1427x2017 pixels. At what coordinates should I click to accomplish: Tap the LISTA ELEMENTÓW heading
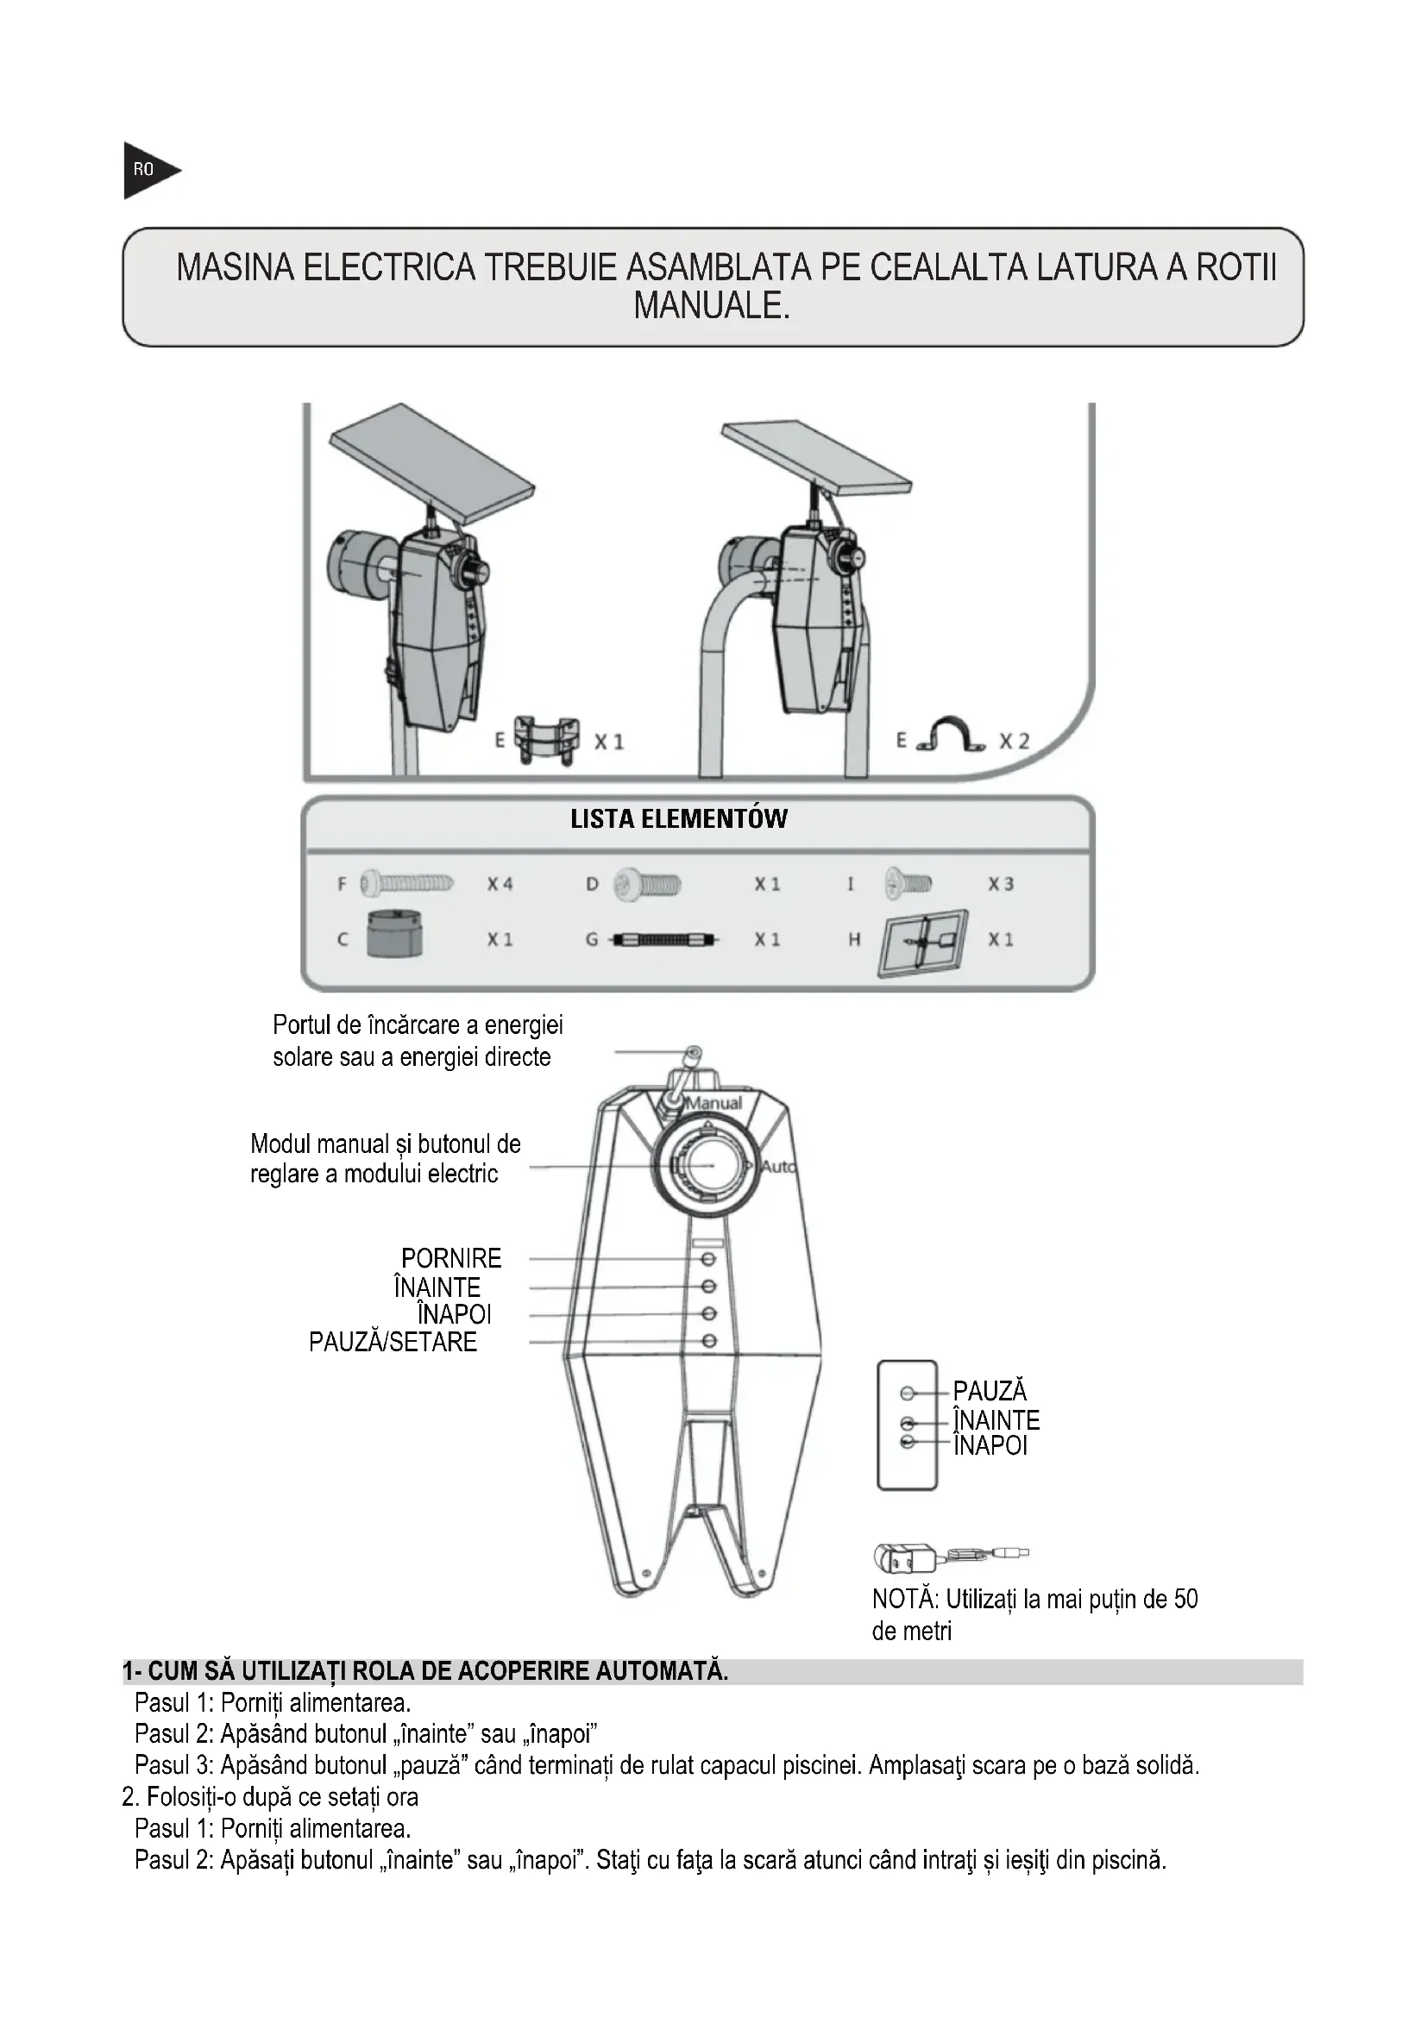(x=678, y=818)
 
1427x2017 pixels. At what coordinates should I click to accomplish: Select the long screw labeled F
(x=407, y=883)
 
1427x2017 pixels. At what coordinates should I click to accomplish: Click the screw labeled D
(x=647, y=884)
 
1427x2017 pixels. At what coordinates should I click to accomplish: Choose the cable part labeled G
(x=664, y=940)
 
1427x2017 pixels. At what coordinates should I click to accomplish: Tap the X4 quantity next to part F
(x=500, y=884)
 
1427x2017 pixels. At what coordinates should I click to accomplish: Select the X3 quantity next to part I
(x=1001, y=884)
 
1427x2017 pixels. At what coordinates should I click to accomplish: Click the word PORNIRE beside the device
(x=450, y=1258)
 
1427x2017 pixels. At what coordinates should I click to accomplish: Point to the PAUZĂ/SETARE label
(x=393, y=1342)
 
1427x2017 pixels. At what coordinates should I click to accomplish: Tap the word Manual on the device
(x=713, y=1103)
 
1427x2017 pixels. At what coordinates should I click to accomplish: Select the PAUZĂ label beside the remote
(x=990, y=1391)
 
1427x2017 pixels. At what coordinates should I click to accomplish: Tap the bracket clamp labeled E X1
(x=545, y=740)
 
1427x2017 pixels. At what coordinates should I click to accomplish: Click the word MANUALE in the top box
(x=712, y=306)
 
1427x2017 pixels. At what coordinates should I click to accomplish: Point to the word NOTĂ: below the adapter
(x=905, y=1599)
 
